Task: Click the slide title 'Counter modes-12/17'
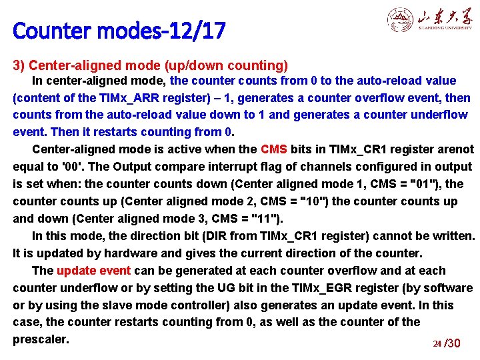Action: (119, 31)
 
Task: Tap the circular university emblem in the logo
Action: (400, 21)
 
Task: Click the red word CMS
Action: (274, 149)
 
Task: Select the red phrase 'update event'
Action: (95, 271)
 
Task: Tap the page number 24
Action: (437, 344)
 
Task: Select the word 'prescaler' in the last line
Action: (40, 339)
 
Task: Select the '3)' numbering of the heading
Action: (19, 65)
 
